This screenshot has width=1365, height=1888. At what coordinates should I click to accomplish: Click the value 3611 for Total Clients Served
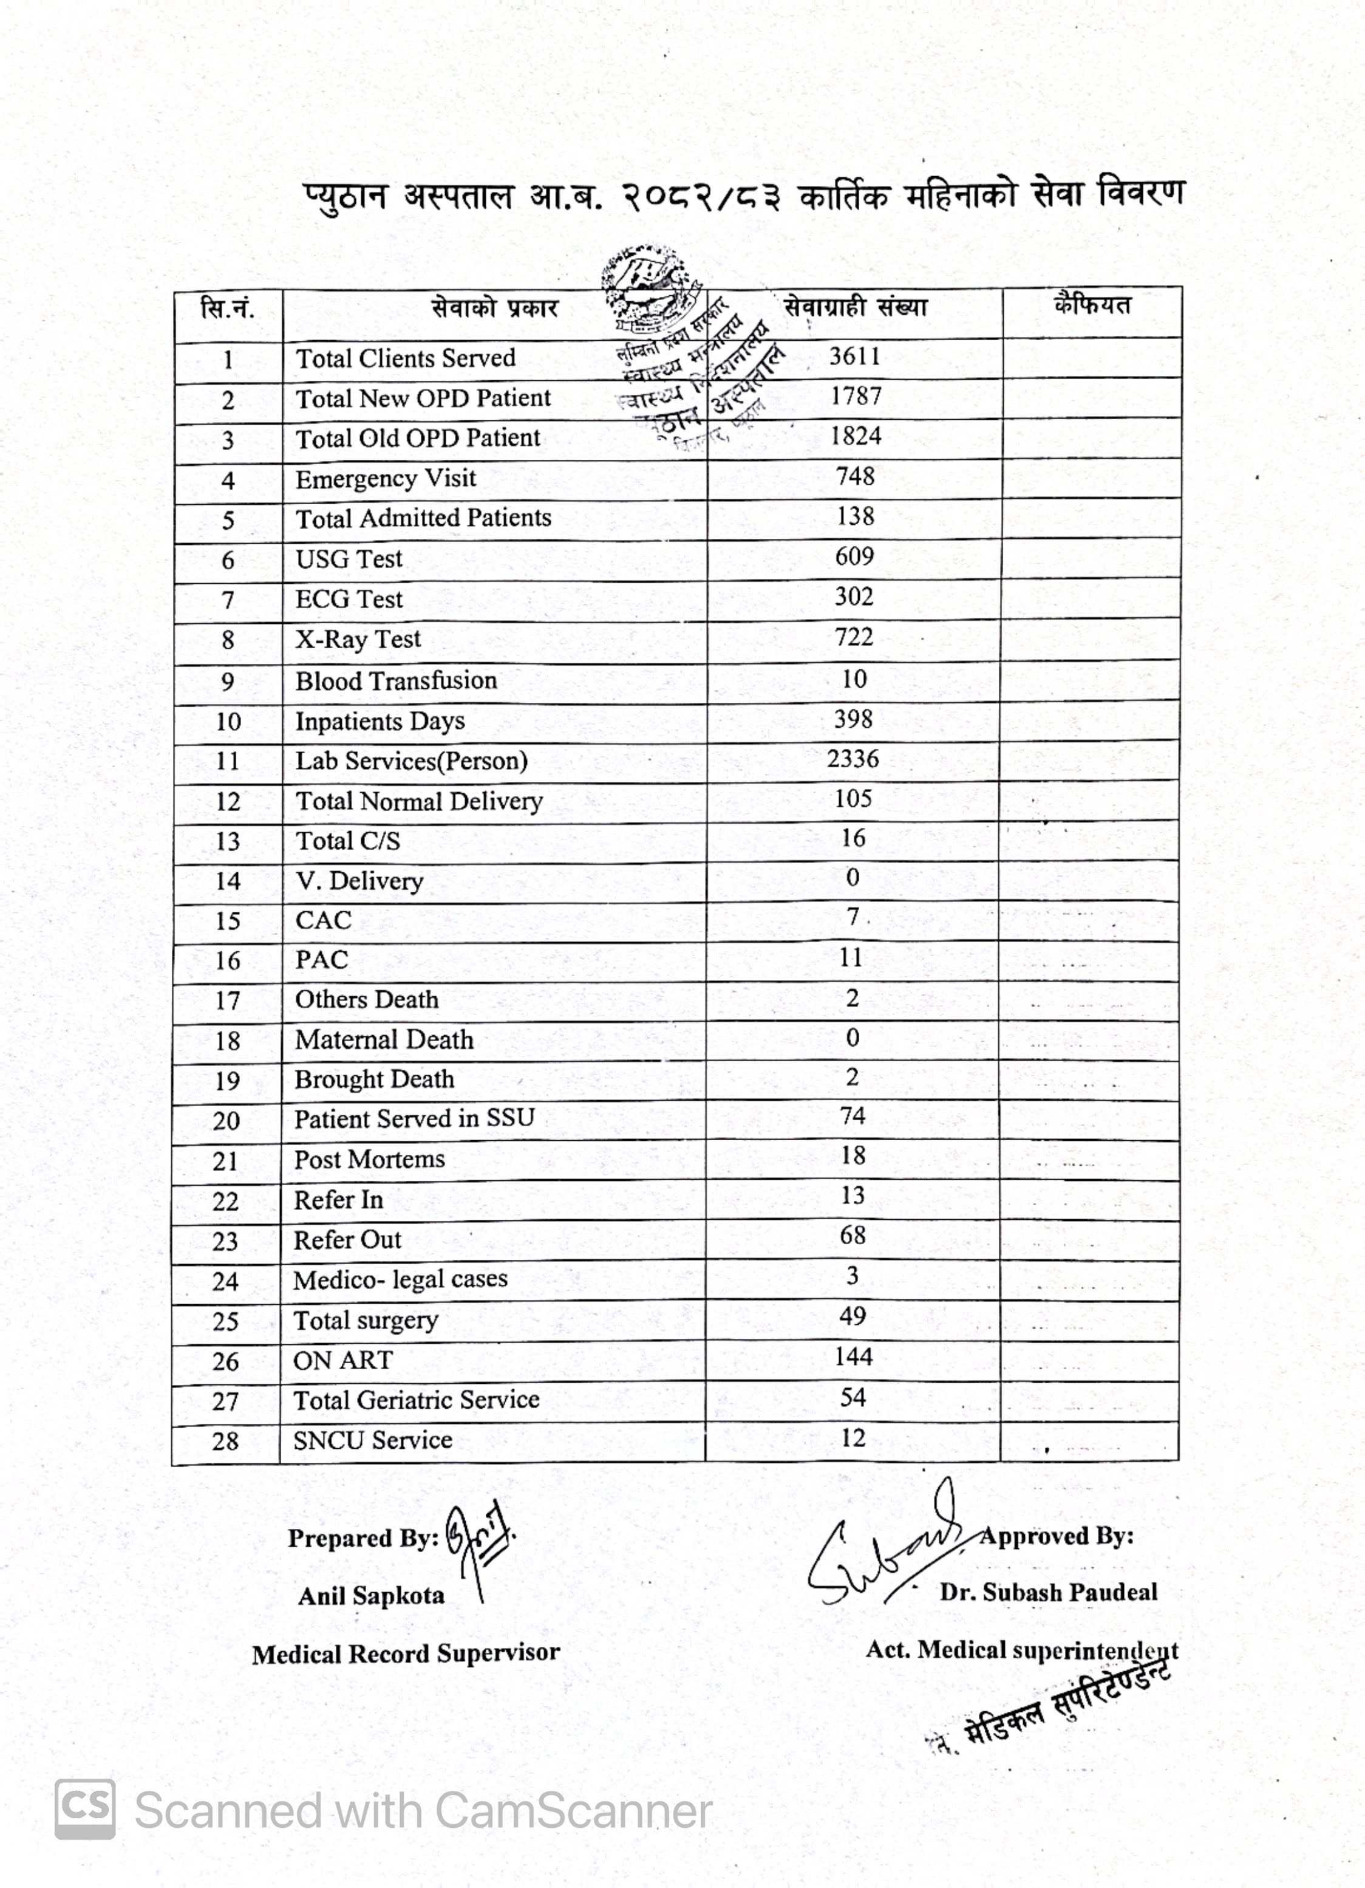point(854,357)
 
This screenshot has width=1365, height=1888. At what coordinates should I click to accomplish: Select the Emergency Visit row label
point(386,479)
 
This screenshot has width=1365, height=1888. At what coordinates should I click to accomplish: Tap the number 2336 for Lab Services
point(853,758)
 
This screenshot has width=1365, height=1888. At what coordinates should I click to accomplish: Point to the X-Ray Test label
point(358,638)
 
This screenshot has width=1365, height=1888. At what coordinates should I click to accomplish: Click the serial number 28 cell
point(225,1441)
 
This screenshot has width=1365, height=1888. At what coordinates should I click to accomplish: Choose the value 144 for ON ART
point(853,1357)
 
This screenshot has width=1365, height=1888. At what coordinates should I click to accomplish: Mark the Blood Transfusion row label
point(396,680)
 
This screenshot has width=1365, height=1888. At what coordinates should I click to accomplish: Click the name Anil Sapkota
point(371,1596)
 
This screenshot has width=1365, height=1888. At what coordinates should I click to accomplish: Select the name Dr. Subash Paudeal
point(1048,1593)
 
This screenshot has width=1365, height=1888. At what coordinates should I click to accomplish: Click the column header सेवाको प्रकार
point(494,309)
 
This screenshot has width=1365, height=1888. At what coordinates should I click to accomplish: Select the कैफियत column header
point(1092,306)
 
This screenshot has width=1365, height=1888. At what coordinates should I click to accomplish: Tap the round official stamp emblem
point(651,287)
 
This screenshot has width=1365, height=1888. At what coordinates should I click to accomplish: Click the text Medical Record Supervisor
point(406,1654)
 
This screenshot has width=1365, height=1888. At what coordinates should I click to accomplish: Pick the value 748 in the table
point(855,476)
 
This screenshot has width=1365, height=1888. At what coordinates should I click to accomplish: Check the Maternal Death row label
point(384,1040)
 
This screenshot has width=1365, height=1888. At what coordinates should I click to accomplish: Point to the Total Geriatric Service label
point(416,1400)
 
